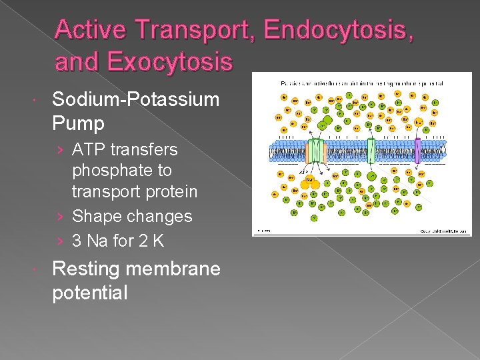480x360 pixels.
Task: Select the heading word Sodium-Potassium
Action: (x=135, y=100)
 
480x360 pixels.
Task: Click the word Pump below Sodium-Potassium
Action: (x=78, y=123)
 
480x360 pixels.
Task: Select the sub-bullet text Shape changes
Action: (x=132, y=216)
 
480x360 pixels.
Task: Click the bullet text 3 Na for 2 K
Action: (x=118, y=241)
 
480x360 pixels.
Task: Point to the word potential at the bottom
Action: (x=89, y=293)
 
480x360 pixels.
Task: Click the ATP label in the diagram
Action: (x=303, y=172)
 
